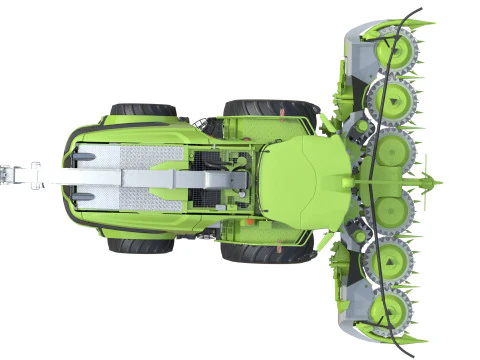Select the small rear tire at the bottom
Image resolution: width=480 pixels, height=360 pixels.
pos(142,244)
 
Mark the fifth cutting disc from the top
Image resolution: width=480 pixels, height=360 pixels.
pos(391,262)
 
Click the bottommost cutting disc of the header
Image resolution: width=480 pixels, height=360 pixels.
pos(392,312)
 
